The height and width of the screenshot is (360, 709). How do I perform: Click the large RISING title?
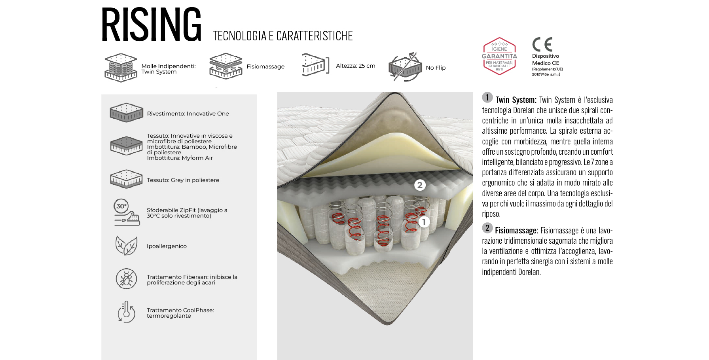coord(151,25)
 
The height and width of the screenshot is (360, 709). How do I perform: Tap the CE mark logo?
coord(542,45)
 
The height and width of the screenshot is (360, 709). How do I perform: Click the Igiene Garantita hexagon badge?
coord(499,56)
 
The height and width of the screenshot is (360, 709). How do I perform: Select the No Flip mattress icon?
coord(405,67)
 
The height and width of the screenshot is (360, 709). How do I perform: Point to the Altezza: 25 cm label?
coord(356,66)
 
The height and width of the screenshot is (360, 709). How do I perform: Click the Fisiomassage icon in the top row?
coord(226,66)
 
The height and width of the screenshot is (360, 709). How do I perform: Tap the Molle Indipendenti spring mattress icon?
coord(121,68)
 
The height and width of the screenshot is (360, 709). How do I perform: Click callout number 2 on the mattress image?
coord(420,185)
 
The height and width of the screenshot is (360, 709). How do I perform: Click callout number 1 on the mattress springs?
coord(424,222)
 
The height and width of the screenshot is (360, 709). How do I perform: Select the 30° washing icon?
coord(127,212)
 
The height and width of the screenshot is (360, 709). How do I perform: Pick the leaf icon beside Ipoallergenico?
coord(126,246)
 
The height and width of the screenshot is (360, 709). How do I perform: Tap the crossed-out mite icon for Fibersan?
coord(126,279)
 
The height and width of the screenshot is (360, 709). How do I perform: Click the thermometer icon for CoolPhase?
coord(126,312)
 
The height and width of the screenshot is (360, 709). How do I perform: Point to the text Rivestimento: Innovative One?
coord(188,114)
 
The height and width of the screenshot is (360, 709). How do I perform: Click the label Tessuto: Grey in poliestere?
coord(183,180)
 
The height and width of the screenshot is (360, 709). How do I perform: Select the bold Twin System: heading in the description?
coord(516,100)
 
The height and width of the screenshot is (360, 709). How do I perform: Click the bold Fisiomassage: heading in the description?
coord(516,231)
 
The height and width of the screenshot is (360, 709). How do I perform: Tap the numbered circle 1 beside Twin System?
coord(487,97)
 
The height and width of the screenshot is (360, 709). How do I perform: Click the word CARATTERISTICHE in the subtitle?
coord(315,36)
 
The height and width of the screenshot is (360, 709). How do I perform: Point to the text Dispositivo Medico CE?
coord(546,59)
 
